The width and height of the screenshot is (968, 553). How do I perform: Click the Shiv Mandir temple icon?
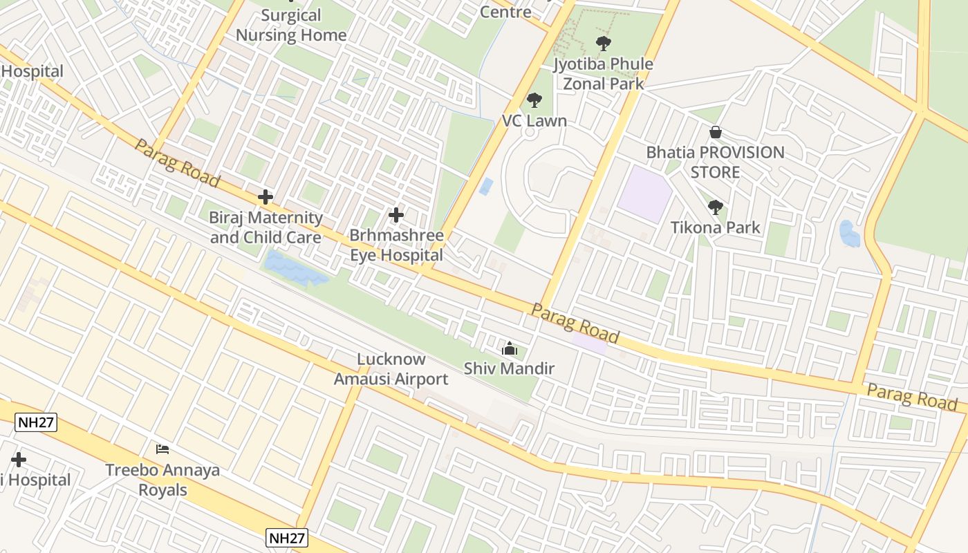pos(510,349)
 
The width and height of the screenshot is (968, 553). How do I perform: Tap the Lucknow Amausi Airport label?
pos(391,369)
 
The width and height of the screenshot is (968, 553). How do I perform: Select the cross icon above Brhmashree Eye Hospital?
pos(396,215)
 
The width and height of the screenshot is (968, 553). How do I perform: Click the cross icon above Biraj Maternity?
pos(266,198)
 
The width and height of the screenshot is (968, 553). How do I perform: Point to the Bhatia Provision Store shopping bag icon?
pos(716,132)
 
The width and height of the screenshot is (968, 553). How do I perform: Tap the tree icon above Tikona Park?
pos(716,207)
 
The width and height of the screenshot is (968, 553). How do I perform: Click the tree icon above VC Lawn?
pos(534,101)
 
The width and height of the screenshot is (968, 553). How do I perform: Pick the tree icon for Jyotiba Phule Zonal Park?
pos(604,44)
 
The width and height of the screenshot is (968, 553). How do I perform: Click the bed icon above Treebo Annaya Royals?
pos(162,449)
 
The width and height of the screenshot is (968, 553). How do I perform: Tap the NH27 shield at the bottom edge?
pos(287,538)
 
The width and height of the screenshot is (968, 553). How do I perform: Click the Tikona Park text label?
pos(716,227)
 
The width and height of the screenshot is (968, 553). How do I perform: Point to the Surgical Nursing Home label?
pos(291,25)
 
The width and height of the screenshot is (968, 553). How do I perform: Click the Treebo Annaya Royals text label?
pos(162,480)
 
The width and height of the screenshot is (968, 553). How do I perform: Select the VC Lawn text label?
pos(534,121)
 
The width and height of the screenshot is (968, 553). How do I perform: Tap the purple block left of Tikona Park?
pos(644,194)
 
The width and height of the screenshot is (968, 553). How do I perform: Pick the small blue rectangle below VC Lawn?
pos(487,186)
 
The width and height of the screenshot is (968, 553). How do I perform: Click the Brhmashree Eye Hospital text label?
pos(396,245)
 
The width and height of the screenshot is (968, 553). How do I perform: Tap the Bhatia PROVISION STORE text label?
pos(716,162)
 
